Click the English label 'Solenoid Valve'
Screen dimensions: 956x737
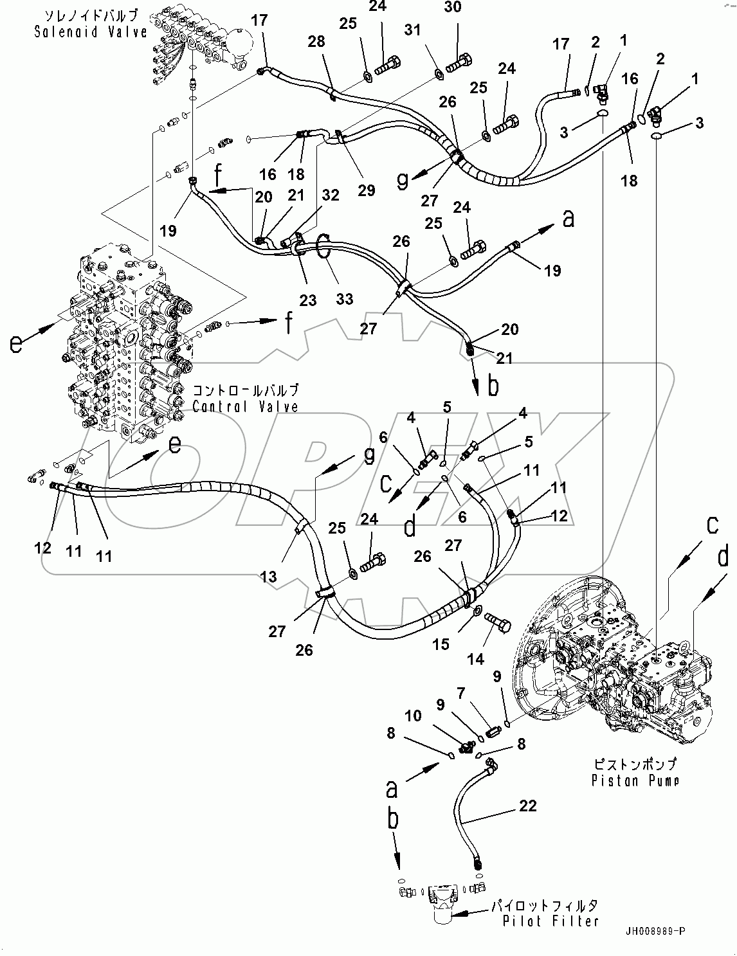(91, 32)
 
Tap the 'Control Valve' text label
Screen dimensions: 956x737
(245, 406)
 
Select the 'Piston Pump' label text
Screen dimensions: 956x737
(635, 780)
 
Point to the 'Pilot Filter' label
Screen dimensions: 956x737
(552, 921)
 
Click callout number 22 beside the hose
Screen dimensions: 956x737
(527, 806)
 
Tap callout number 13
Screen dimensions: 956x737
(268, 577)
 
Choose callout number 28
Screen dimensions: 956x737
(316, 42)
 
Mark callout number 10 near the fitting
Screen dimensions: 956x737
(414, 715)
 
